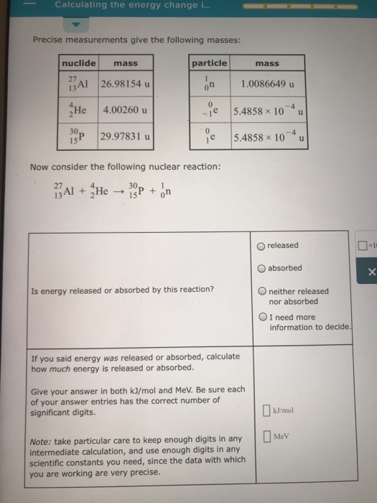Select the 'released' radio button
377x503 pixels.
click(x=261, y=246)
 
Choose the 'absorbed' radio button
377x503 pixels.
click(x=261, y=269)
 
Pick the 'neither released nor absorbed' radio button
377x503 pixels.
click(x=263, y=291)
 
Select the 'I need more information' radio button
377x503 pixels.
click(x=263, y=317)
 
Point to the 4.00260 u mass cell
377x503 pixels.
click(x=125, y=111)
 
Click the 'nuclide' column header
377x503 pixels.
click(x=79, y=63)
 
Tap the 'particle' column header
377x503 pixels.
click(x=209, y=63)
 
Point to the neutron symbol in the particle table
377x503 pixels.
click(x=210, y=85)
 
